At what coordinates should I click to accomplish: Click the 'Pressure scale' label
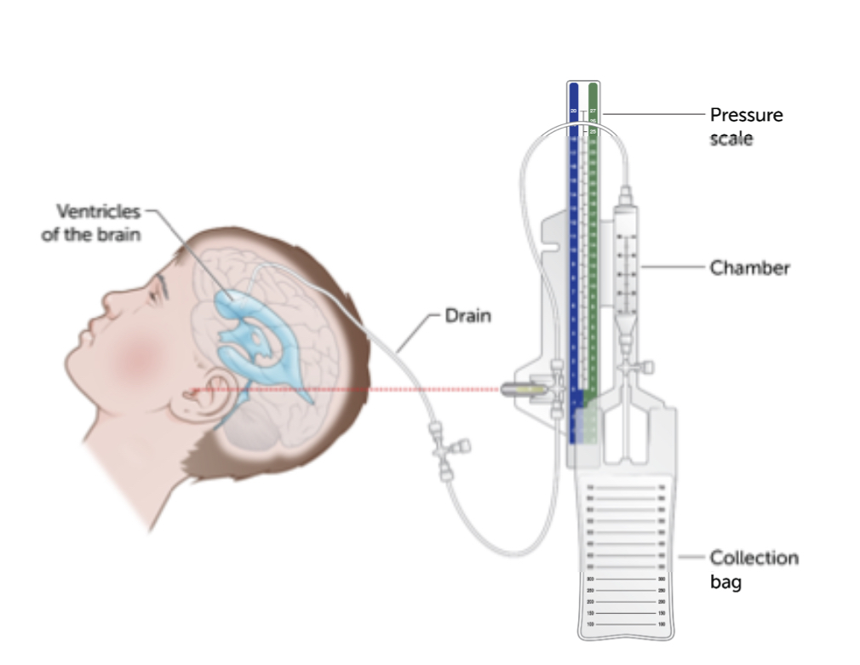(x=746, y=125)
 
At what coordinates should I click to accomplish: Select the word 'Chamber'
(x=749, y=268)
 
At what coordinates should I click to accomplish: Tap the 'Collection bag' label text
(x=754, y=569)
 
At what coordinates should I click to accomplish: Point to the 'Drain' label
(x=467, y=316)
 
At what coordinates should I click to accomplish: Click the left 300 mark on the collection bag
(x=590, y=578)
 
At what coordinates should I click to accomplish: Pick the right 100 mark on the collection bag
(x=662, y=624)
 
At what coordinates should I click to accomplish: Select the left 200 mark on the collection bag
(x=590, y=601)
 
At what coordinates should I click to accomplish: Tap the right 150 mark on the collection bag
(x=662, y=613)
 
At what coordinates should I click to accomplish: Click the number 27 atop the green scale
(x=593, y=112)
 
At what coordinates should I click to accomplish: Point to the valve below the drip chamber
(x=628, y=367)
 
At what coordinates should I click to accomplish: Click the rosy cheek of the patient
(x=136, y=358)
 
